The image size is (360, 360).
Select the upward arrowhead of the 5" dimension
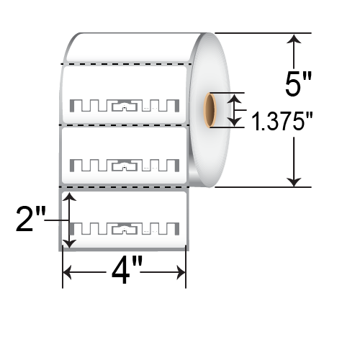coord(293,40)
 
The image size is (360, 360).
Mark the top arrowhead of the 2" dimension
coord(68,196)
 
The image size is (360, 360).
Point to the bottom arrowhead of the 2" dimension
coord(68,243)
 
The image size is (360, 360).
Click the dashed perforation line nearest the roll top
coord(126,64)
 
